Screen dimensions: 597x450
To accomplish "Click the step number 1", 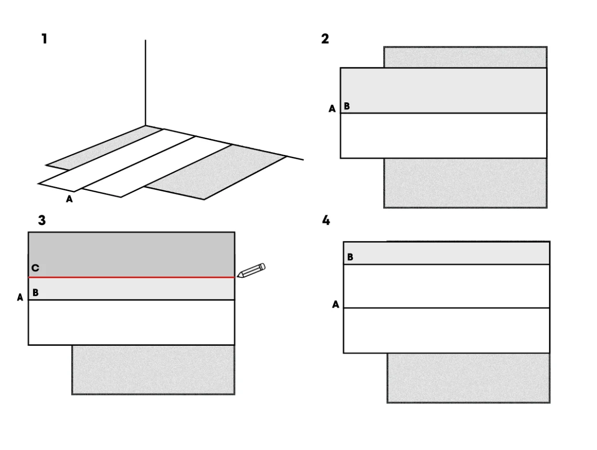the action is (x=44, y=39).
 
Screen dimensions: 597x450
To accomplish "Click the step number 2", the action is (x=325, y=39).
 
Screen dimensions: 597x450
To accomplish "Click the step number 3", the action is (x=42, y=220).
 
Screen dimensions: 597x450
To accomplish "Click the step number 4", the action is (x=326, y=220).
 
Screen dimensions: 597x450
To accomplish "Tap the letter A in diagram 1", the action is (x=69, y=199).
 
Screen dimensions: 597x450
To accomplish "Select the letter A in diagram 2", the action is (x=332, y=109).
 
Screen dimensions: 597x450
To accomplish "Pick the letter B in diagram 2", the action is (x=347, y=106).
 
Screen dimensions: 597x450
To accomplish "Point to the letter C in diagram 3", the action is (x=35, y=268).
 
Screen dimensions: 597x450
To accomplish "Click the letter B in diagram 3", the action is (x=35, y=293).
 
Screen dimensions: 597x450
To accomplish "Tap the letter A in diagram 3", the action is (x=20, y=297).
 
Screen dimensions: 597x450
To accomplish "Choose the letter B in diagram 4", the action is (x=350, y=257).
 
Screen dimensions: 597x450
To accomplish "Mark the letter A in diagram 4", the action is (x=336, y=304).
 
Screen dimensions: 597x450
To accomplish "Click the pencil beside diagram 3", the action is (x=251, y=270).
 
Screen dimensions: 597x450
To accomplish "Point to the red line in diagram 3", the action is (x=132, y=277).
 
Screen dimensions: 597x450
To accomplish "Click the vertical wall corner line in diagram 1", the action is (x=145, y=83).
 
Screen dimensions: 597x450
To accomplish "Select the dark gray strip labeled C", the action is (x=132, y=254).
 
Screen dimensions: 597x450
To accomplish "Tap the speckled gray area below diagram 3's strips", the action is (x=154, y=370).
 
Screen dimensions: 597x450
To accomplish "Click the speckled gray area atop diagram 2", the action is (x=465, y=57).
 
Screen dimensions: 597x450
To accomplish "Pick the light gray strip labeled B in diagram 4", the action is (x=446, y=253).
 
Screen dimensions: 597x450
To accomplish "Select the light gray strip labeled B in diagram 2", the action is (x=443, y=90).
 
